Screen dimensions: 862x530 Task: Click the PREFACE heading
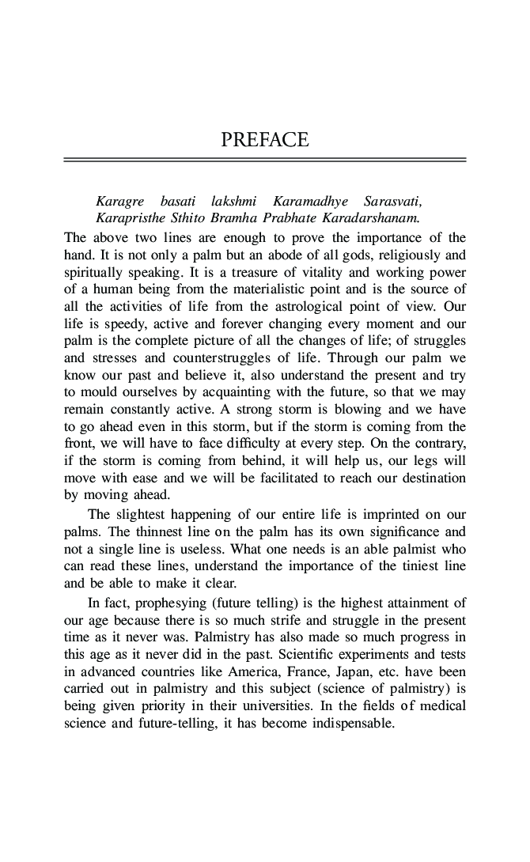(x=264, y=141)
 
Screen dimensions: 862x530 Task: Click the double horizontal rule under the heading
(x=264, y=161)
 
